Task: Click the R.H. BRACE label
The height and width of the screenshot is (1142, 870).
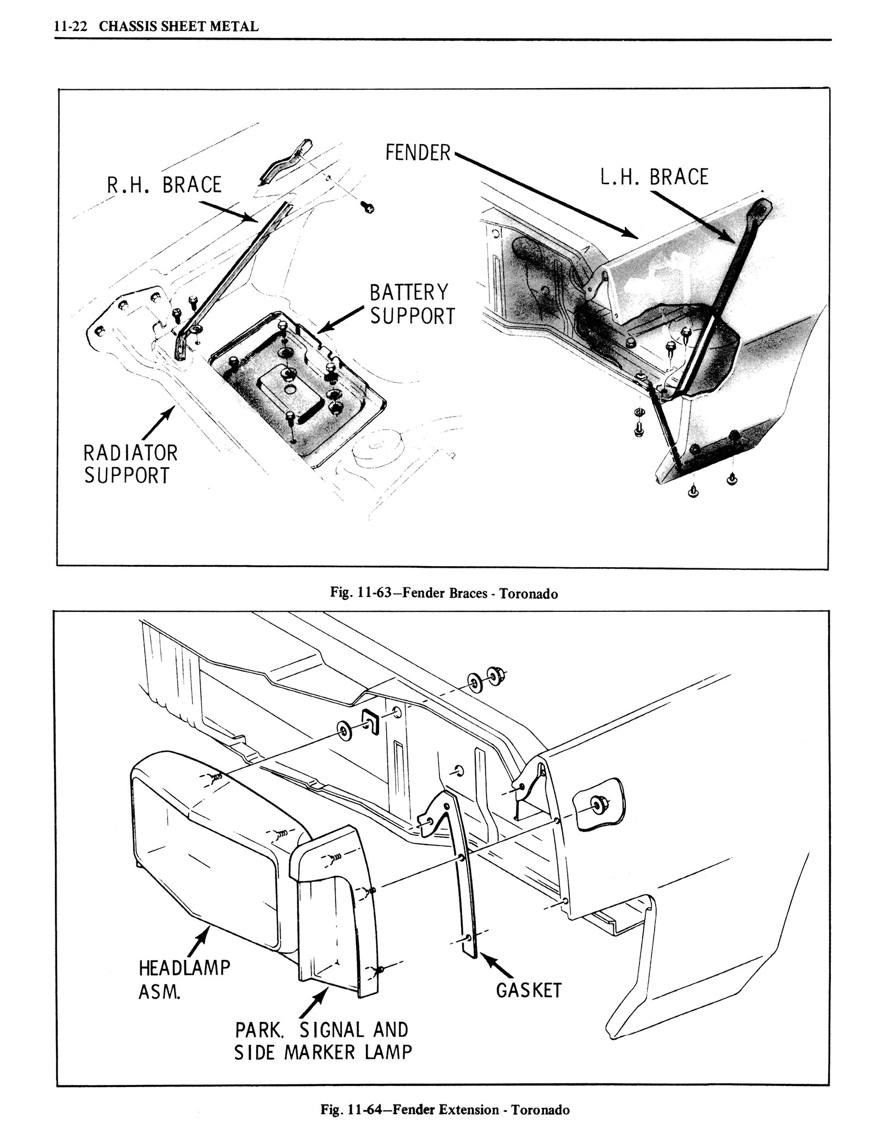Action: [x=164, y=185]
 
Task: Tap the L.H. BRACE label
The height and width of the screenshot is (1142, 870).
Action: [x=654, y=177]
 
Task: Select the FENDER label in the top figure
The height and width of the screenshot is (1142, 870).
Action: [x=418, y=153]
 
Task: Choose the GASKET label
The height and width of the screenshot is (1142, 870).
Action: [x=528, y=990]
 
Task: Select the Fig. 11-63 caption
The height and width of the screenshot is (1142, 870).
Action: [x=444, y=593]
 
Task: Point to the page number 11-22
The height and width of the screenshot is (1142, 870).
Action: [x=67, y=26]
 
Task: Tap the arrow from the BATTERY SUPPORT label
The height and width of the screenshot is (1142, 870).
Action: [x=339, y=320]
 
